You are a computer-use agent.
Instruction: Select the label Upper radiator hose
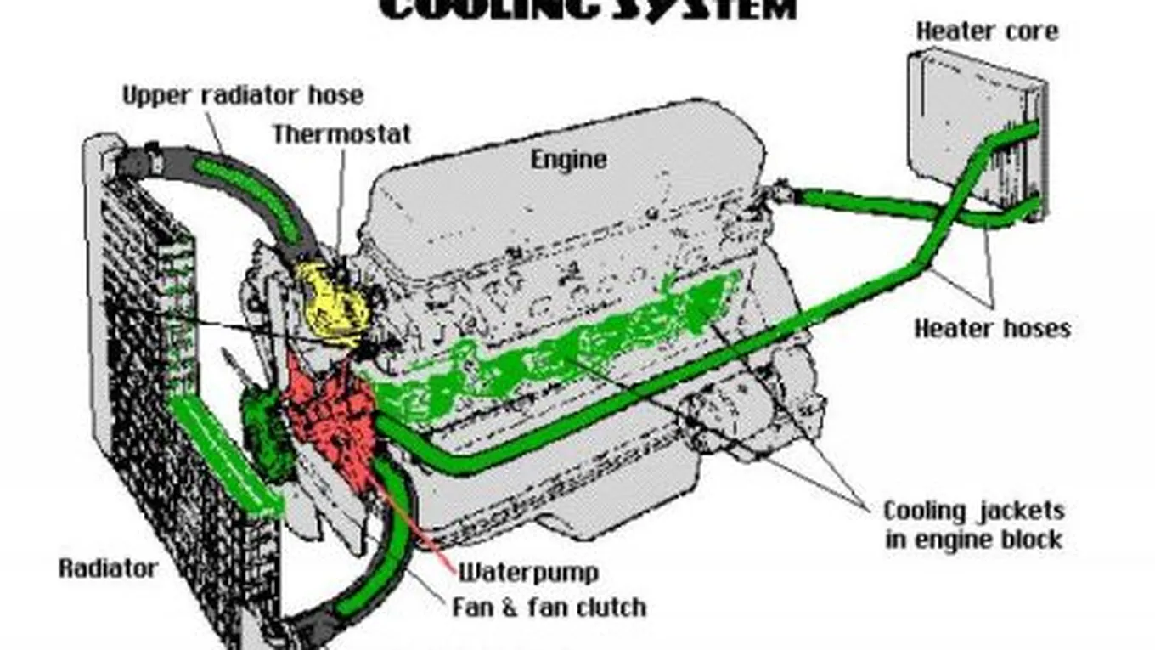242,95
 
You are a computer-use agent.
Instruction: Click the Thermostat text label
341,134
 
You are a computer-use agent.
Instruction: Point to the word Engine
568,159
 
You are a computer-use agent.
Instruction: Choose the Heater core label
987,31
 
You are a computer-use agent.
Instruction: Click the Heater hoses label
992,328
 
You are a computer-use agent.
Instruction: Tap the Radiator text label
108,568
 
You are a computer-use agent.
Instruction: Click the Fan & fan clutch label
549,608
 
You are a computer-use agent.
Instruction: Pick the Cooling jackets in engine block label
973,525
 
